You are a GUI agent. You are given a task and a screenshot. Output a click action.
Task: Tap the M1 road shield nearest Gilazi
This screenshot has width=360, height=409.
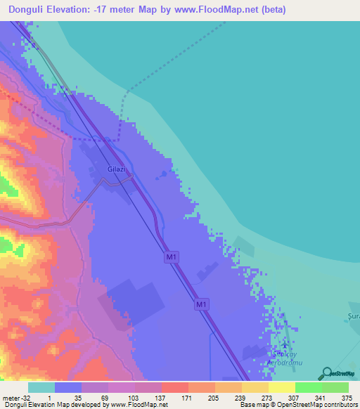(172, 258)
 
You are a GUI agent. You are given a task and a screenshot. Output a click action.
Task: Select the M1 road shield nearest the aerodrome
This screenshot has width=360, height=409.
(202, 304)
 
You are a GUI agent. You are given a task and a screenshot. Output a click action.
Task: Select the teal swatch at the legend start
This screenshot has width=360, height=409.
(41, 387)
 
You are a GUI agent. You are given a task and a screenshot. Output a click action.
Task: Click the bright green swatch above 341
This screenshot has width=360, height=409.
(309, 387)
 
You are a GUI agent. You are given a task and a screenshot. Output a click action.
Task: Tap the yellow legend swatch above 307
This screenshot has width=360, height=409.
(282, 387)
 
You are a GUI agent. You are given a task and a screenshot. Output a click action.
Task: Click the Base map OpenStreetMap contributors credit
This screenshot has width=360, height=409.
(297, 405)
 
